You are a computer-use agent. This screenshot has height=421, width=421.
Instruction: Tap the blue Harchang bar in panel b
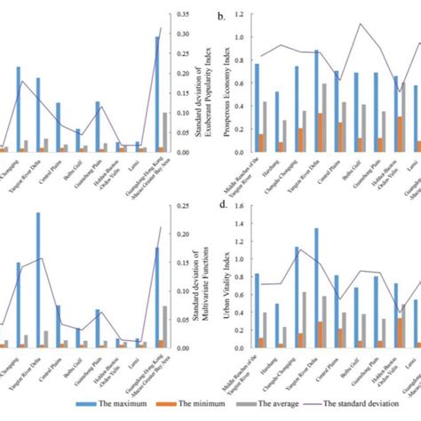pyautogui.click(x=276, y=120)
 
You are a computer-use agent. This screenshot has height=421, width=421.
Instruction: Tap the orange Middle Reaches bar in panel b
pyautogui.click(x=260, y=142)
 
